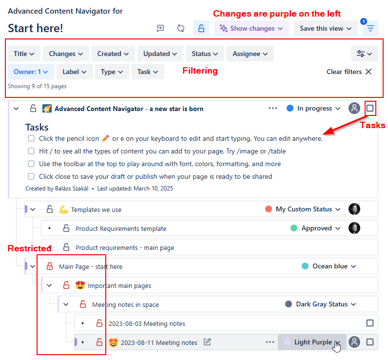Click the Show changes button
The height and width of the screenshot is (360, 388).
click(252, 28)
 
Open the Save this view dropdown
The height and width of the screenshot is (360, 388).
click(326, 28)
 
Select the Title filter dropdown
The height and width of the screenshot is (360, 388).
click(24, 54)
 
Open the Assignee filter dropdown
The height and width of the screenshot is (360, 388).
click(250, 54)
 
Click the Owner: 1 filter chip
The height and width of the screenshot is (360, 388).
click(31, 72)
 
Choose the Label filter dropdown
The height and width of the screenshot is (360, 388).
click(74, 72)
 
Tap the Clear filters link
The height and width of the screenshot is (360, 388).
click(349, 72)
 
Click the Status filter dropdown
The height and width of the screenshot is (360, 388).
click(205, 54)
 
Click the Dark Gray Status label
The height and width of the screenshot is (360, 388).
click(322, 304)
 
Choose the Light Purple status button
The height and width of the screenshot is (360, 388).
click(312, 342)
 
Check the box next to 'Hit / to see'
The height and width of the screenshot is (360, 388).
click(31, 151)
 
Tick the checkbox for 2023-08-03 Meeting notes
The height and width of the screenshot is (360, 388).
click(370, 323)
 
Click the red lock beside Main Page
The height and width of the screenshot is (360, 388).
click(49, 266)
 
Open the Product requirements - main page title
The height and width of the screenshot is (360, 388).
click(125, 247)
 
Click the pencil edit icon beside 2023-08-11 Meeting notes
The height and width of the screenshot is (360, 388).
click(207, 342)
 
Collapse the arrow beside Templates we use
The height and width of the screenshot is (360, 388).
click(33, 209)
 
